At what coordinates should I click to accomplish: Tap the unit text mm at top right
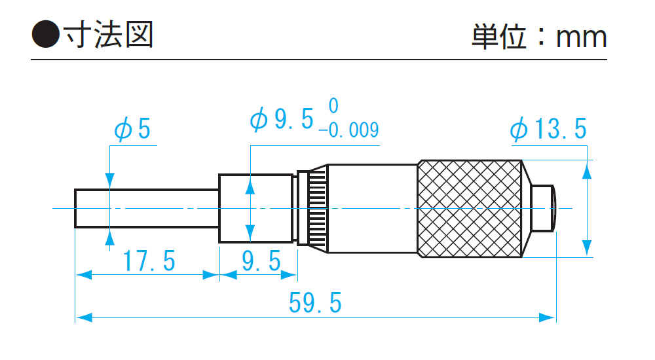pyautogui.click(x=581, y=37)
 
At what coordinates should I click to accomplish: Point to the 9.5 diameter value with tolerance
pyautogui.click(x=283, y=120)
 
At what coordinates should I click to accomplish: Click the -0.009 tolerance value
pyautogui.click(x=348, y=130)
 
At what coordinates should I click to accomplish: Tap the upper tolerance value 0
pyautogui.click(x=333, y=105)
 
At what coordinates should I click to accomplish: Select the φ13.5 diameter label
pyautogui.click(x=548, y=130)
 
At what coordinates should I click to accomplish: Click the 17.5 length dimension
pyautogui.click(x=149, y=262)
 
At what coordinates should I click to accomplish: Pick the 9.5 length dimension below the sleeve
pyautogui.click(x=261, y=262)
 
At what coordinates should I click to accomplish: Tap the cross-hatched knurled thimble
pyautogui.click(x=470, y=209)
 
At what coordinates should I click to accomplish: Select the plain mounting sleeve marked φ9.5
pyautogui.click(x=256, y=209)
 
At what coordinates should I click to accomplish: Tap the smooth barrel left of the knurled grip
pyautogui.click(x=372, y=209)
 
